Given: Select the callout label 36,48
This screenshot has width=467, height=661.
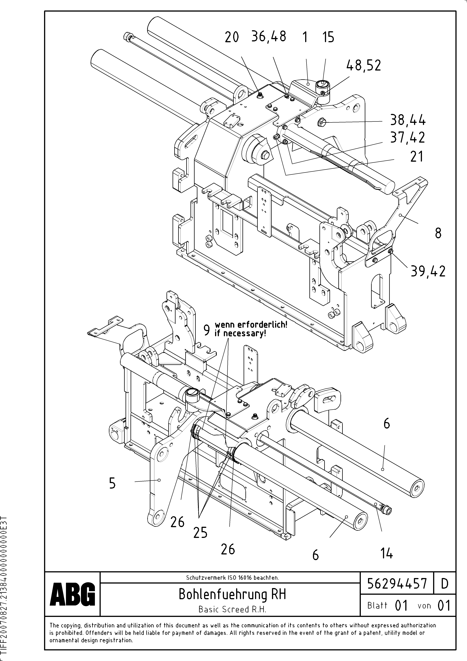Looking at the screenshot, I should coord(269,37).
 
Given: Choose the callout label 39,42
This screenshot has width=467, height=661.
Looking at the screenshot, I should coord(428,271).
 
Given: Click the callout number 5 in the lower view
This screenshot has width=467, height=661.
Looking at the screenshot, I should coord(112,483).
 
